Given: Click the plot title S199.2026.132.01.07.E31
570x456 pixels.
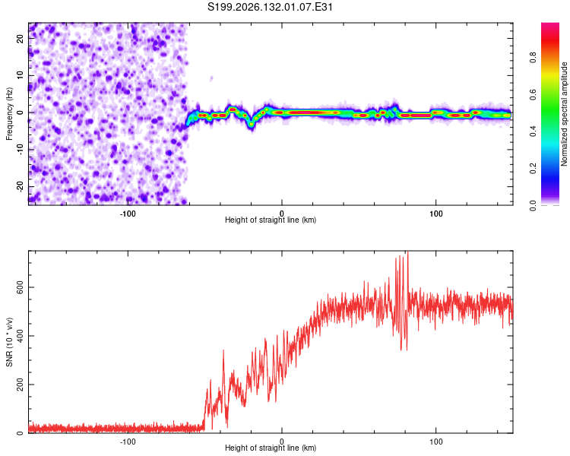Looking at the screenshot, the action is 270,7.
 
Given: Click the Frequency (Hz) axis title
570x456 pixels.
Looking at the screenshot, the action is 9,114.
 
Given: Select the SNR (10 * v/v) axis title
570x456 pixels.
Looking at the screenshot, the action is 9,342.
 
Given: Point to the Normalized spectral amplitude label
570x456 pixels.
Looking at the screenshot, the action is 564,114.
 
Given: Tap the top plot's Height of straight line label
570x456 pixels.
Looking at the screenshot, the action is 271,220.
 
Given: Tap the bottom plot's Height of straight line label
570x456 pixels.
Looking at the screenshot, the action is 271,448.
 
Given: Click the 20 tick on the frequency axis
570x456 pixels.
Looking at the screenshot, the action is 21,39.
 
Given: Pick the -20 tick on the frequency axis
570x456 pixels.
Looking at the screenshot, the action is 21,187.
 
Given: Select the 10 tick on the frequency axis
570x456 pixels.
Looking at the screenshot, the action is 21,75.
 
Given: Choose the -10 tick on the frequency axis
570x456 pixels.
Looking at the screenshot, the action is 21,150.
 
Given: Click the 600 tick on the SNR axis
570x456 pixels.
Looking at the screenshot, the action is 21,287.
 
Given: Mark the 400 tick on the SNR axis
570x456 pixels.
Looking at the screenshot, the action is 21,336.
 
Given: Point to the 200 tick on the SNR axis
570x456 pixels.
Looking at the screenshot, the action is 21,385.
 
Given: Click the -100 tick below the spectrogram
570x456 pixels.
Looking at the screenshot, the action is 127,214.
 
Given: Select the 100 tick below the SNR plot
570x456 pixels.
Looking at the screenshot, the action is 436,442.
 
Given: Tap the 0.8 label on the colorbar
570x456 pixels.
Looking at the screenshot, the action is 533,58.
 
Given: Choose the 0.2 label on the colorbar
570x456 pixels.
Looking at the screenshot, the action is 533,169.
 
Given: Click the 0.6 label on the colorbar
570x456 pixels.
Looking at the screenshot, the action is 533,94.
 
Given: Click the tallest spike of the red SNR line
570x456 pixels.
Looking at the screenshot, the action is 408,252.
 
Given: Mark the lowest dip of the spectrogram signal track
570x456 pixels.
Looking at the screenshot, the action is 252,125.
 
